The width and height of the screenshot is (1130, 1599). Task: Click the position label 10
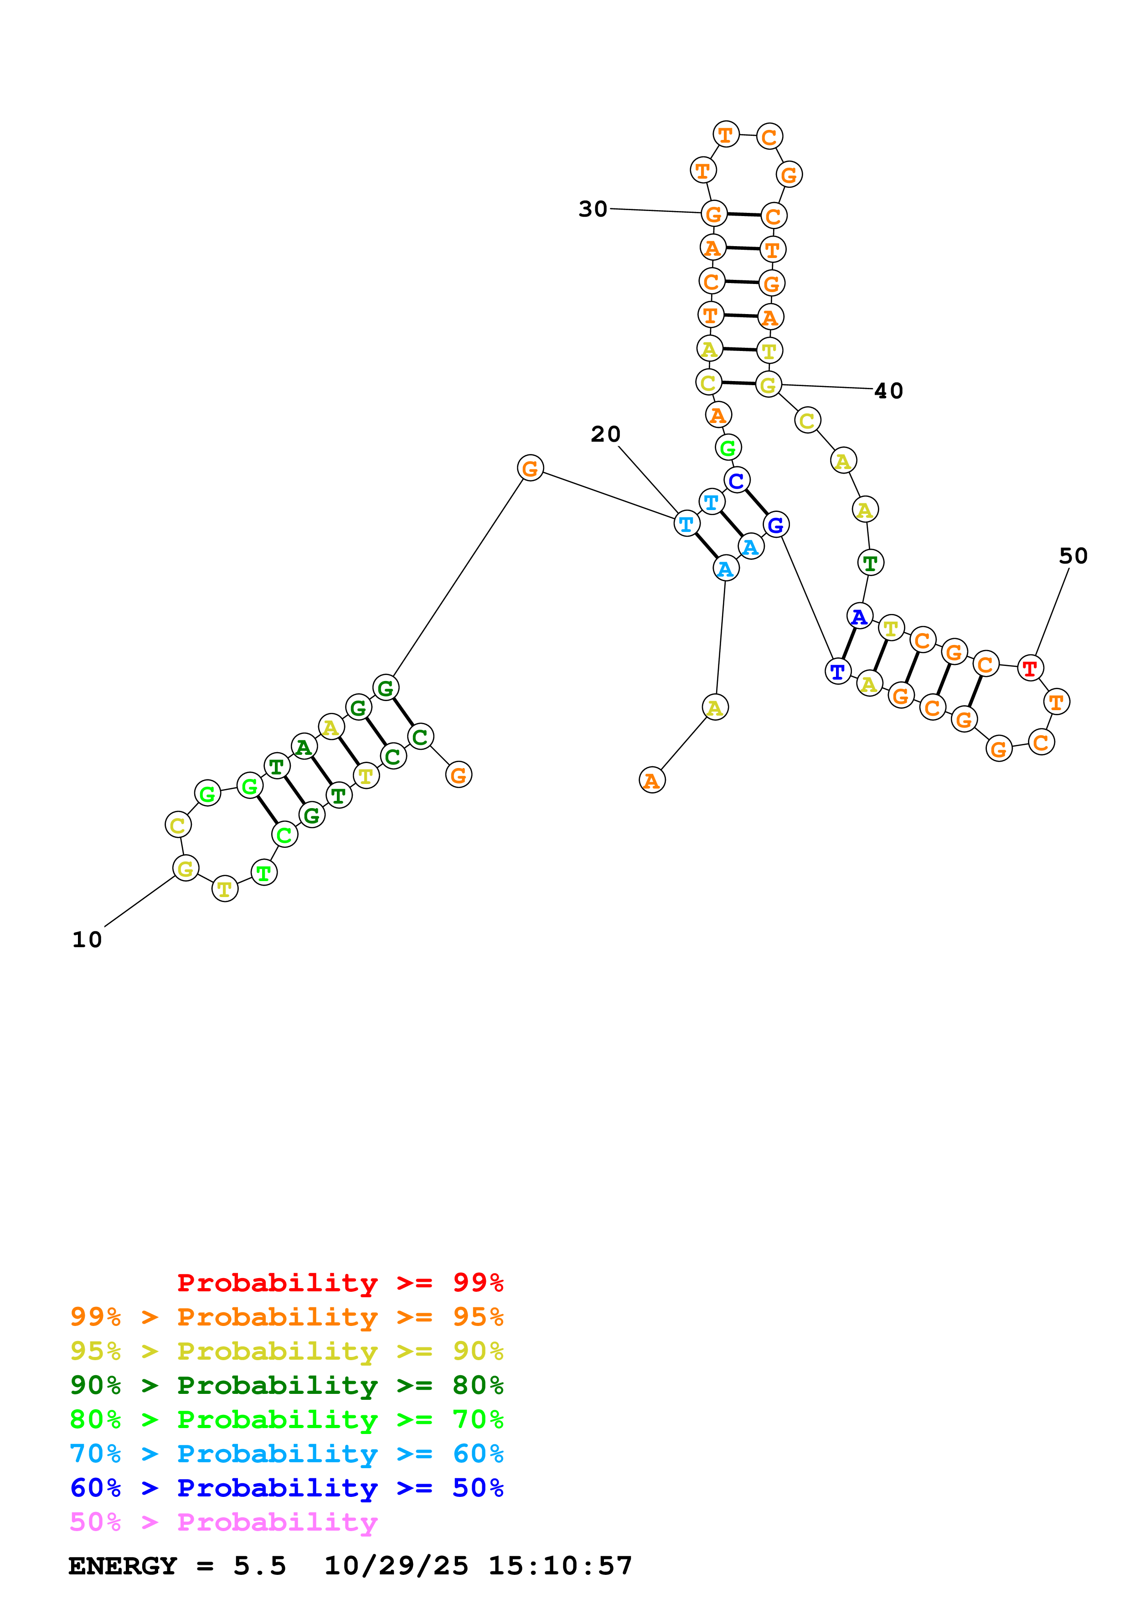click(87, 940)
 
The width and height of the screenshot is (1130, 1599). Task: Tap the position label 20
click(605, 434)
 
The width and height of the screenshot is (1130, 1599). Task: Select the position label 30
click(593, 209)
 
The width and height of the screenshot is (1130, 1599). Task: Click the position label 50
click(1073, 556)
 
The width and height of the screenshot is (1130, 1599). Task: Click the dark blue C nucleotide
click(736, 480)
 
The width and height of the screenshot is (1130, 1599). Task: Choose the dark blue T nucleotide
click(837, 671)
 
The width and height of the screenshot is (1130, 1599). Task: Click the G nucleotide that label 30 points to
click(714, 214)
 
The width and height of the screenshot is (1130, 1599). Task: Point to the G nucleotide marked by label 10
click(185, 868)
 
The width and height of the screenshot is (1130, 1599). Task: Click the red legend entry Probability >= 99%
click(340, 1283)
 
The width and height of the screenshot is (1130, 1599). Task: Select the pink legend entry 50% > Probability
click(223, 1522)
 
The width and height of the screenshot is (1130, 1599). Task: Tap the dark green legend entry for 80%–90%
click(286, 1385)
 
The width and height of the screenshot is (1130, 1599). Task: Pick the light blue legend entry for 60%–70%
click(286, 1454)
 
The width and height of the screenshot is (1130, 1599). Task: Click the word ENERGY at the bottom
click(123, 1566)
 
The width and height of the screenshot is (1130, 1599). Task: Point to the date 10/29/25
click(396, 1566)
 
